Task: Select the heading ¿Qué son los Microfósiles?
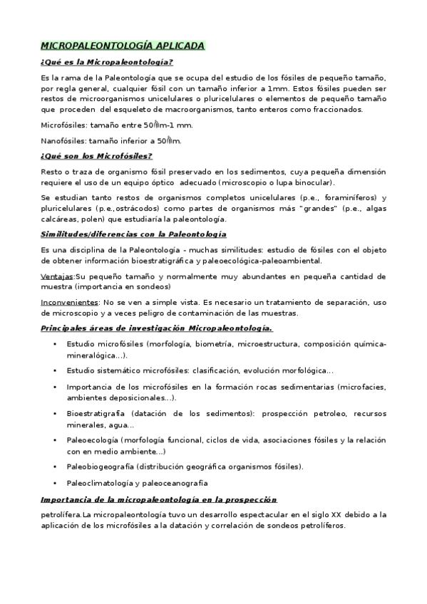(x=97, y=156)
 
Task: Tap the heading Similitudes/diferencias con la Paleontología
(x=134, y=234)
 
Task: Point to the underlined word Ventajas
(x=57, y=274)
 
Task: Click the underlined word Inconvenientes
(x=69, y=302)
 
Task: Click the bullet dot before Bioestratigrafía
(x=56, y=412)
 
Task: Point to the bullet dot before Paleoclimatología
(x=56, y=483)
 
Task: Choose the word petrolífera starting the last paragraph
(x=61, y=514)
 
